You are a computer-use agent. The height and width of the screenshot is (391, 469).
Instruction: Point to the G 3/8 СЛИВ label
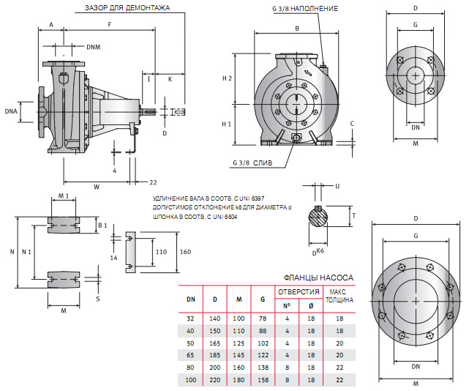coord(252,163)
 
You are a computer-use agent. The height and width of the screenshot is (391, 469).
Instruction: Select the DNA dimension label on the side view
coord(10,111)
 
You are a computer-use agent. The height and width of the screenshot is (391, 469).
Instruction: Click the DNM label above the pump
coord(94,47)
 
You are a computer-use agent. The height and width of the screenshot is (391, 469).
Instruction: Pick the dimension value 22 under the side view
coord(153,182)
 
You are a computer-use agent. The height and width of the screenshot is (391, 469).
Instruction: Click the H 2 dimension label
coord(226,78)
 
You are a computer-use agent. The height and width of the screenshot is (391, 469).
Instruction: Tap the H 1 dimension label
coord(226,124)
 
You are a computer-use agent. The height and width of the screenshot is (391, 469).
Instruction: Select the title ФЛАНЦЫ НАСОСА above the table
coord(318,278)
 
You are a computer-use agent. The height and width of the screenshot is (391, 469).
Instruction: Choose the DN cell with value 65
coord(190,354)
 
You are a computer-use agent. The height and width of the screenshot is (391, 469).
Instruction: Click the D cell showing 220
coord(215,381)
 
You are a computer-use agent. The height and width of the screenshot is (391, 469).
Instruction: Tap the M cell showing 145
coord(238,354)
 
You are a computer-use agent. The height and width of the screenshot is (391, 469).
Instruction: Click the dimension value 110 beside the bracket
coord(162,251)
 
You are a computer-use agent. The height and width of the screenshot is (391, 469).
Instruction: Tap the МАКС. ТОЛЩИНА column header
coord(338,296)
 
